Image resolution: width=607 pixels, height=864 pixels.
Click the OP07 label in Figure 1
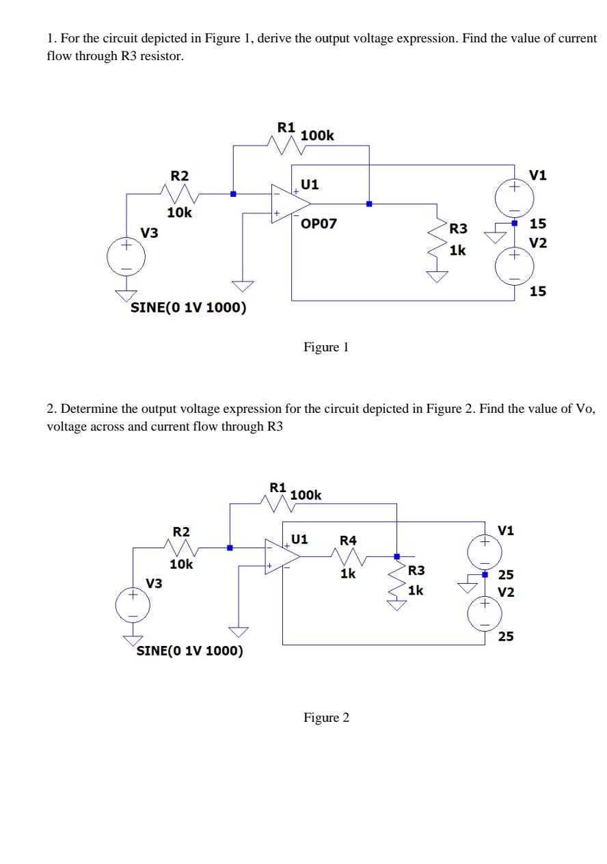(x=319, y=224)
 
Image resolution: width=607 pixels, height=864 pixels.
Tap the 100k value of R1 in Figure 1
(x=317, y=135)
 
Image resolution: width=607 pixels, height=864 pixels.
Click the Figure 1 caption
(x=326, y=347)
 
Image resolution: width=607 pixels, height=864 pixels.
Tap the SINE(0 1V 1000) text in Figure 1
(x=188, y=307)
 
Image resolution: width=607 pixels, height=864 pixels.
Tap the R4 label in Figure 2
(x=348, y=541)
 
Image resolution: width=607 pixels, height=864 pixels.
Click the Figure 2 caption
(x=326, y=717)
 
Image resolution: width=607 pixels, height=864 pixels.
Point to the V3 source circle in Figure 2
(x=133, y=606)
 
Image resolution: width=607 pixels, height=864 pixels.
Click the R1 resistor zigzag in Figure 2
(x=279, y=504)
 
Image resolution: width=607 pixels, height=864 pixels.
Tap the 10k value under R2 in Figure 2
(x=181, y=565)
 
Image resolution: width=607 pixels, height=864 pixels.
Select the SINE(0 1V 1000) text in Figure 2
(x=189, y=650)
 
